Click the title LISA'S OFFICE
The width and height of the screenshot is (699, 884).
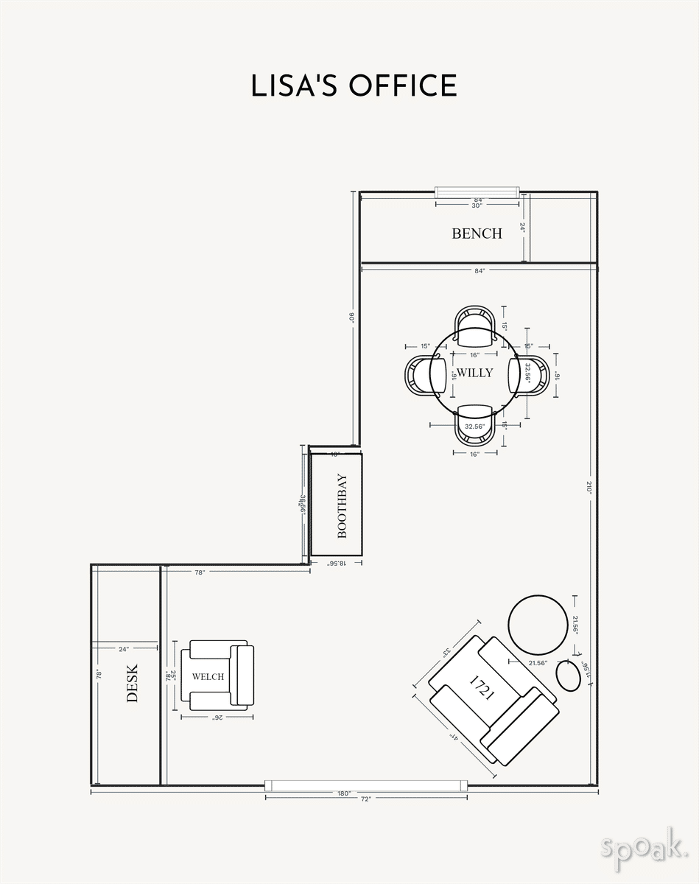point(354,85)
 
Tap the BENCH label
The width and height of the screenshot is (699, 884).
point(477,234)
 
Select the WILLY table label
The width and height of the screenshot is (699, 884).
point(475,373)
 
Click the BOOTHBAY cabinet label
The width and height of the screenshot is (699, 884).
point(342,506)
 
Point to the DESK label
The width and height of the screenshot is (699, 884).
point(133,683)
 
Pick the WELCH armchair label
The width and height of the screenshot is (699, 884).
point(208,676)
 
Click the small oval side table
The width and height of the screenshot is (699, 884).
point(567,675)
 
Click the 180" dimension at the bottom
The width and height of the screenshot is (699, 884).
point(343,793)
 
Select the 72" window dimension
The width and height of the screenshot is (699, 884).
point(366,799)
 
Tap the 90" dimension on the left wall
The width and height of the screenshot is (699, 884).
point(352,318)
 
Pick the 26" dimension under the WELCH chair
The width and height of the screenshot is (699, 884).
point(217,717)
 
